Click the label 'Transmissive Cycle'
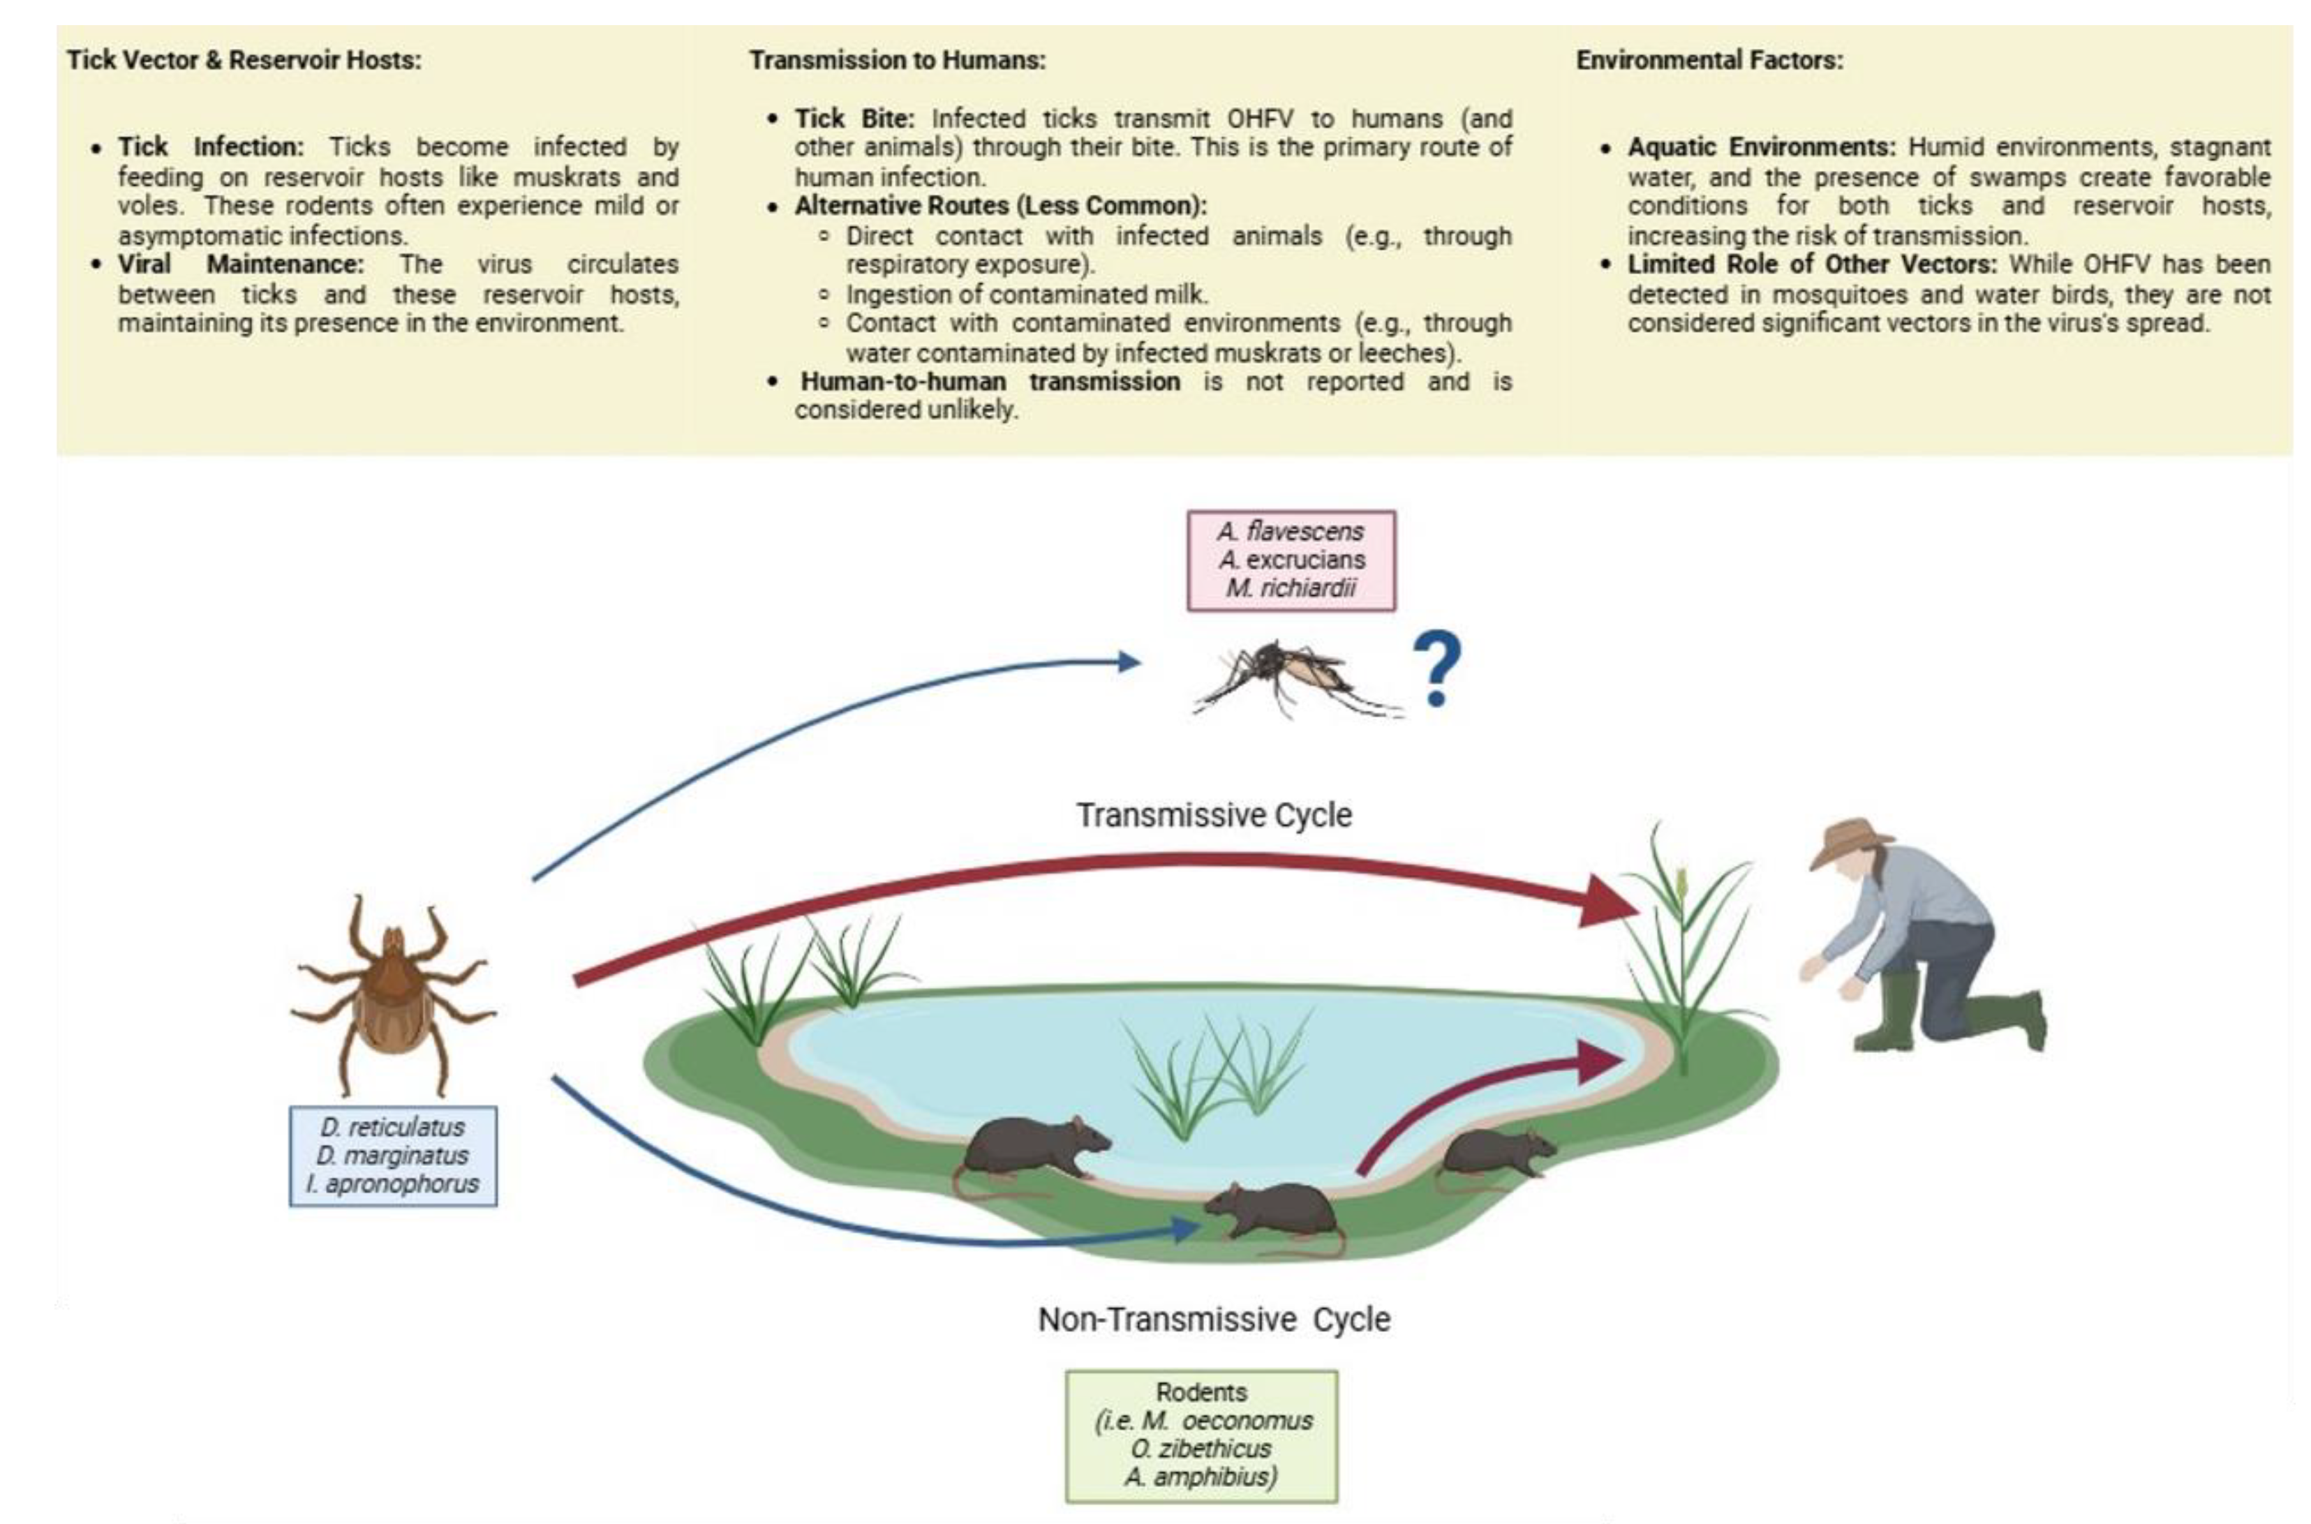[1212, 814]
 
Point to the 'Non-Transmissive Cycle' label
[1213, 1319]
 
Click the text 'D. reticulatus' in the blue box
[393, 1128]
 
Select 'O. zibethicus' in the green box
[1201, 1448]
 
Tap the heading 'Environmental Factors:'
[1708, 60]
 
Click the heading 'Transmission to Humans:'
[896, 60]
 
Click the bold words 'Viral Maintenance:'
[240, 264]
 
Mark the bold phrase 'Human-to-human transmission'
[990, 382]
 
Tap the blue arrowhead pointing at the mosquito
[1128, 662]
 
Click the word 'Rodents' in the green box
[1201, 1392]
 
